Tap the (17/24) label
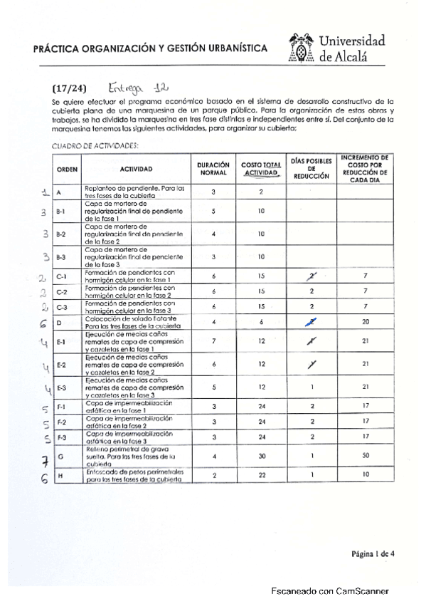pos(69,88)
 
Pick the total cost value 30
pos(262,456)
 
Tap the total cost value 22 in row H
pos(262,474)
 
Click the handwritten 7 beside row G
pos(44,458)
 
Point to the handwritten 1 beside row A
pos(44,192)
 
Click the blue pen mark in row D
pos(311,323)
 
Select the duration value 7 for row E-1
pos(213,341)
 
